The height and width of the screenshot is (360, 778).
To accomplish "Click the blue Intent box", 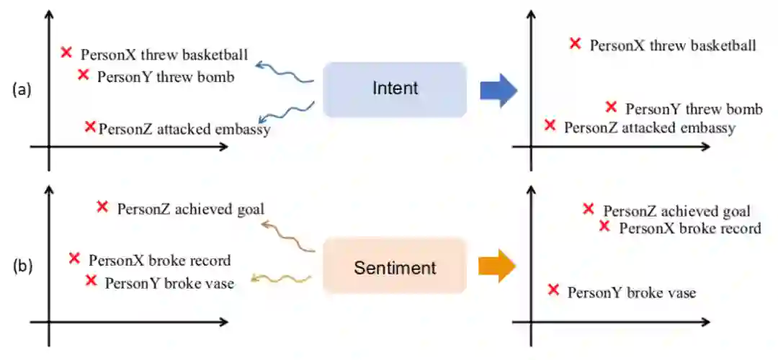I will [395, 89].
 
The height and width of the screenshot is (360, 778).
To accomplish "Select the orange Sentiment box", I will [395, 268].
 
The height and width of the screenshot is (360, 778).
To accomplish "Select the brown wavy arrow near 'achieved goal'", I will [288, 238].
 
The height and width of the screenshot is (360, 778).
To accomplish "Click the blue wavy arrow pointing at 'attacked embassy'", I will [286, 116].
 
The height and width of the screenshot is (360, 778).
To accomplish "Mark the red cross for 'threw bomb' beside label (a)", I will [83, 74].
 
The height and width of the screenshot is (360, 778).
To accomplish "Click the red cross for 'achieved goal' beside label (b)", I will [102, 207].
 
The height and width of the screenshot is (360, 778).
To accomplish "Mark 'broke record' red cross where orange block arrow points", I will [605, 226].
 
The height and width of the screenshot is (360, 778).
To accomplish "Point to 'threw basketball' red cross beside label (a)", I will [66, 52].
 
